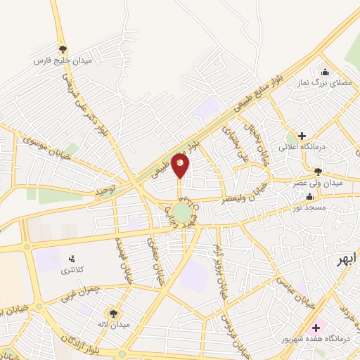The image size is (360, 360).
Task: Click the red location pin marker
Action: pos(181,165)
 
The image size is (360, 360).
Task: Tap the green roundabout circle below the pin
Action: pos(183,212)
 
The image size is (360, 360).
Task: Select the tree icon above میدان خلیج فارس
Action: pos(63,49)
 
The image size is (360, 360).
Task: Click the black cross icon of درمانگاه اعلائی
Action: pos(302,136)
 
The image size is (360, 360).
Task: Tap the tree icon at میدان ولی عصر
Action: pos(319,171)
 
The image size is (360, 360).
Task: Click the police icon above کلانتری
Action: pos(70,259)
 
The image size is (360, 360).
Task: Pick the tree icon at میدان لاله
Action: pos(112,312)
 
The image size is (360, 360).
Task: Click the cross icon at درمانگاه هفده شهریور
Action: pos(316,328)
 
